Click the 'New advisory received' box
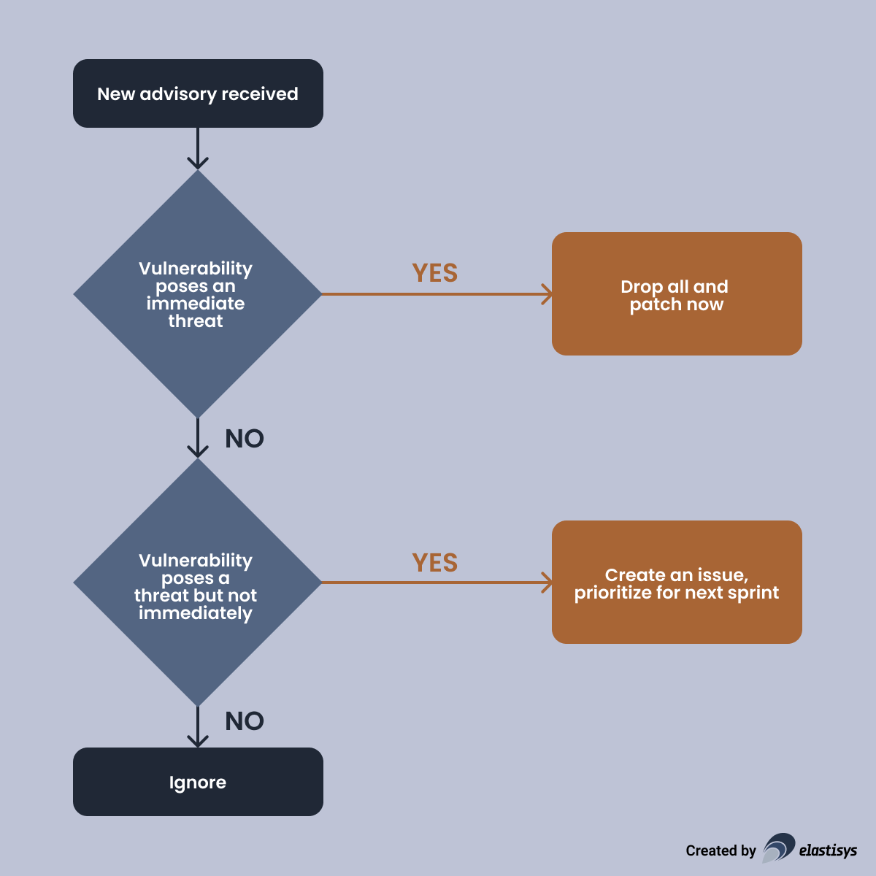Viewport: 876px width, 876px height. click(x=198, y=93)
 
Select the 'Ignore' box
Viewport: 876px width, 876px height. click(x=198, y=782)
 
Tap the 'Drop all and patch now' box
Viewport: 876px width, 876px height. click(x=677, y=294)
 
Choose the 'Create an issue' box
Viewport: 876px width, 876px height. click(x=677, y=582)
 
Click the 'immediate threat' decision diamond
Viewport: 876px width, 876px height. click(x=197, y=294)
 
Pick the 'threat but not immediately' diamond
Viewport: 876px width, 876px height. click(x=197, y=582)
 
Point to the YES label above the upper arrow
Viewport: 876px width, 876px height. click(x=435, y=273)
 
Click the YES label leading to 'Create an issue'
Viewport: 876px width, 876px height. click(x=435, y=563)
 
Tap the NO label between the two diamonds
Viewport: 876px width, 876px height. click(x=245, y=439)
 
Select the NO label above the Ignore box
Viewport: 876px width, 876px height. click(x=245, y=721)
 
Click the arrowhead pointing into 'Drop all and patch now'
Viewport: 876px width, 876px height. click(x=547, y=294)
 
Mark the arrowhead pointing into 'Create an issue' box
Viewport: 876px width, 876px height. click(x=547, y=583)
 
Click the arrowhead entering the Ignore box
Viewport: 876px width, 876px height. click(x=198, y=740)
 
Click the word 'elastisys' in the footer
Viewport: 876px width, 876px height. click(x=828, y=850)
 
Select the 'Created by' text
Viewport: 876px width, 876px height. click(x=721, y=850)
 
